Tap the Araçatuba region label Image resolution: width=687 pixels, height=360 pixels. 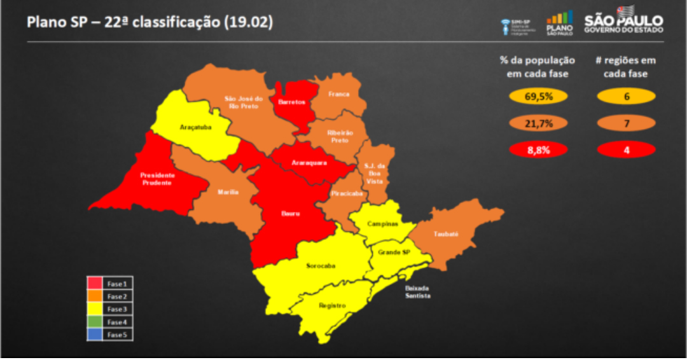pyautogui.click(x=195, y=127)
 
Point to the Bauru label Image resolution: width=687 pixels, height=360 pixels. pyautogui.click(x=291, y=214)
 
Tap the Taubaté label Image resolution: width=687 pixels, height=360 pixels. pyautogui.click(x=446, y=234)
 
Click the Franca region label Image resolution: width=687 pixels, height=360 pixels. pyautogui.click(x=339, y=94)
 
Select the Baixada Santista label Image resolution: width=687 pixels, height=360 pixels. pyautogui.click(x=418, y=293)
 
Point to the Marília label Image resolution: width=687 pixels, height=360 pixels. pyautogui.click(x=228, y=191)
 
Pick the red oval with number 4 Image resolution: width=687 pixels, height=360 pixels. pyautogui.click(x=626, y=149)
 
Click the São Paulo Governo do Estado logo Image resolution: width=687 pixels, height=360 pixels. pyautogui.click(x=623, y=24)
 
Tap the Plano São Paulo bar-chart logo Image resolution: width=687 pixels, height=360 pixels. pyautogui.click(x=560, y=24)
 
